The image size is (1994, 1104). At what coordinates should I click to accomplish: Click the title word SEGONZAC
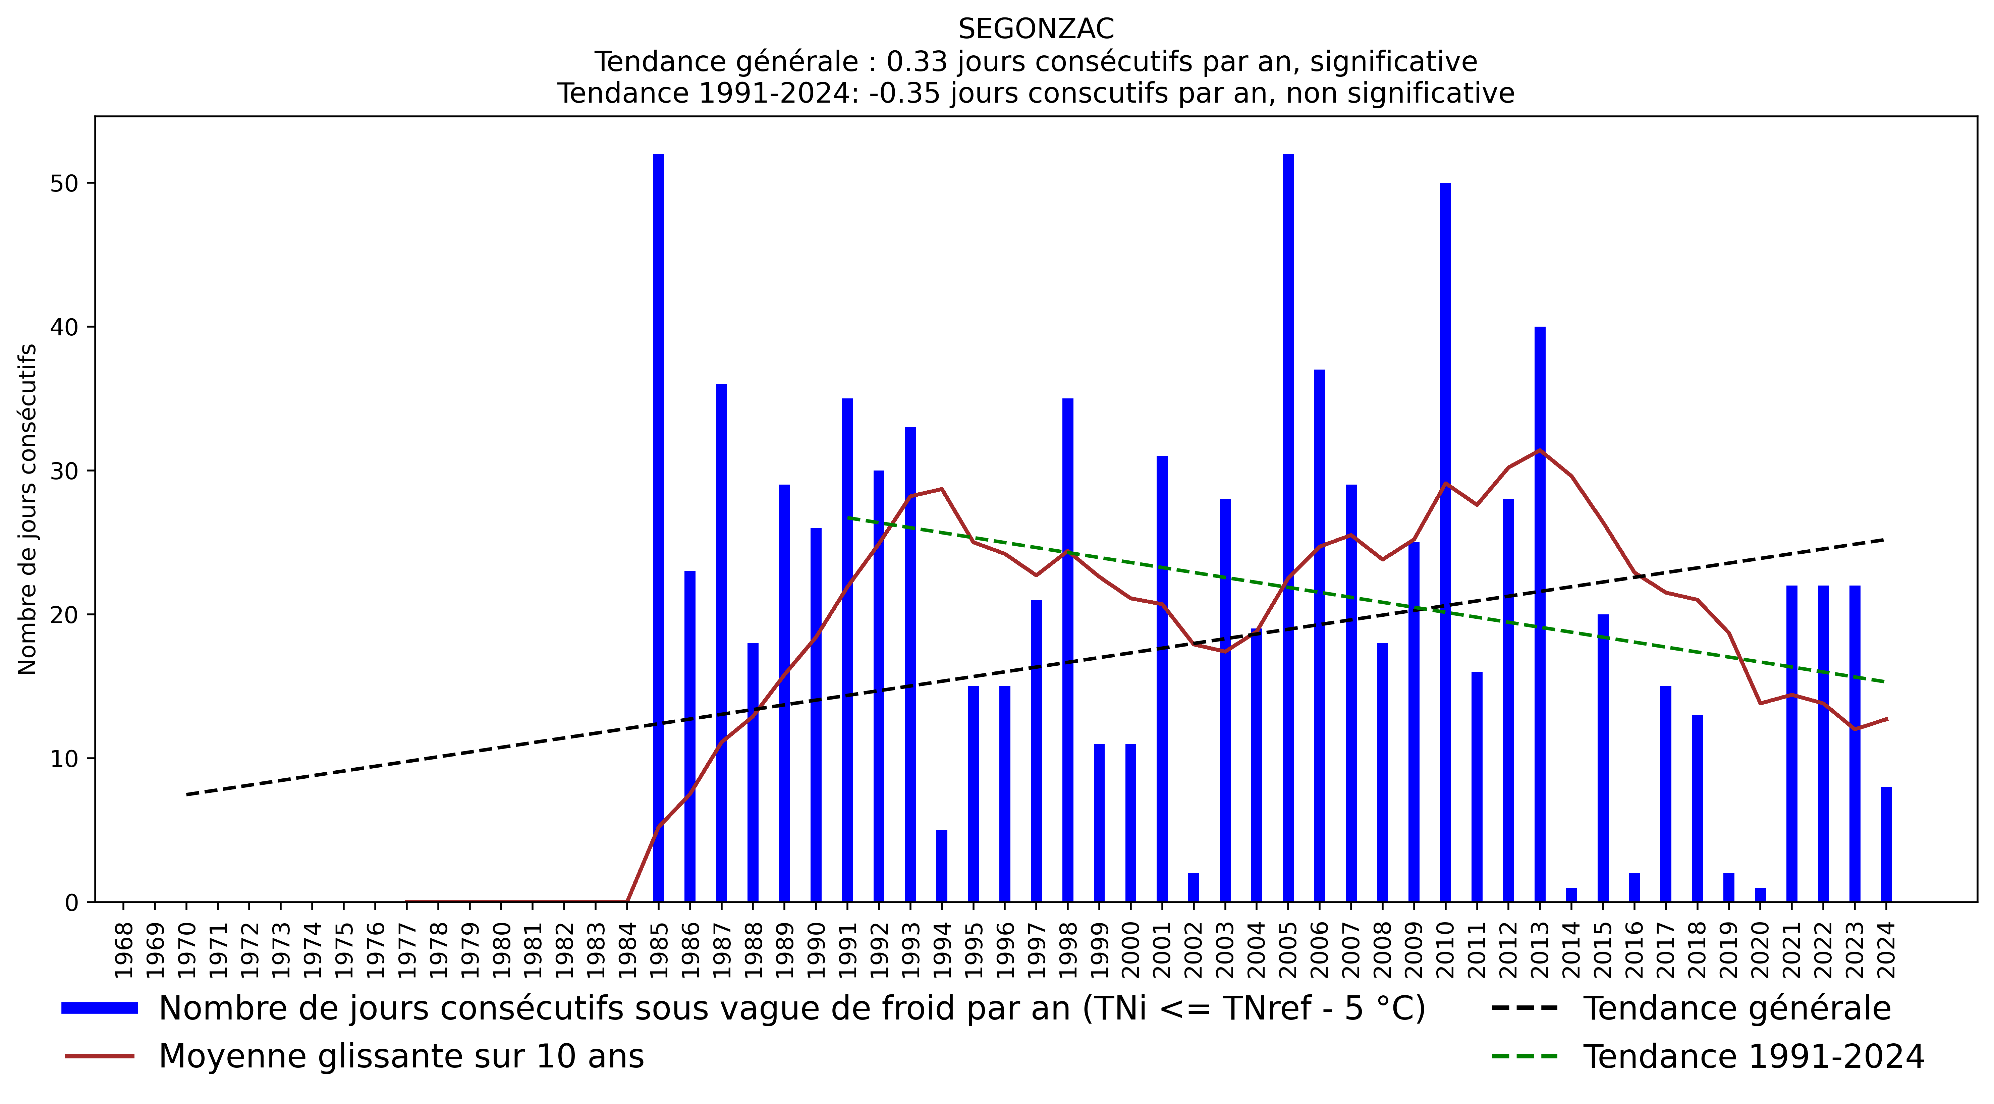[x=1036, y=30]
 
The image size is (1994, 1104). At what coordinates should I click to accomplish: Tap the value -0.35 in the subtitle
[x=904, y=94]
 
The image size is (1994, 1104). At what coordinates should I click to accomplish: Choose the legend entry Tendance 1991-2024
[x=1753, y=1057]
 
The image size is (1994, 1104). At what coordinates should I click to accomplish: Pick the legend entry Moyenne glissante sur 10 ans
[x=401, y=1057]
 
